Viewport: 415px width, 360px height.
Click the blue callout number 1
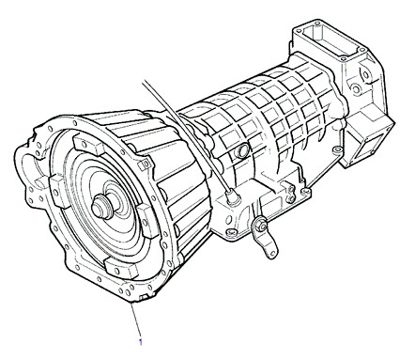coord(141,342)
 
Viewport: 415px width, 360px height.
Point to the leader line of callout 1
coord(136,320)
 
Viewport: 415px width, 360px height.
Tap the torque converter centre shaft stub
coord(101,206)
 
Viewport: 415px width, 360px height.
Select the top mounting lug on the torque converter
coord(87,144)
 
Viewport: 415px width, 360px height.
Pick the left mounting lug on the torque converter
coord(58,190)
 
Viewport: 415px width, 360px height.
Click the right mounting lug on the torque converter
coord(146,219)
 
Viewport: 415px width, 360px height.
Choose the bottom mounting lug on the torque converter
coord(121,268)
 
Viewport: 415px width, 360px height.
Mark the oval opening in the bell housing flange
coord(29,169)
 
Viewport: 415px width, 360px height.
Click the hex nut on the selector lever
coord(260,225)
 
